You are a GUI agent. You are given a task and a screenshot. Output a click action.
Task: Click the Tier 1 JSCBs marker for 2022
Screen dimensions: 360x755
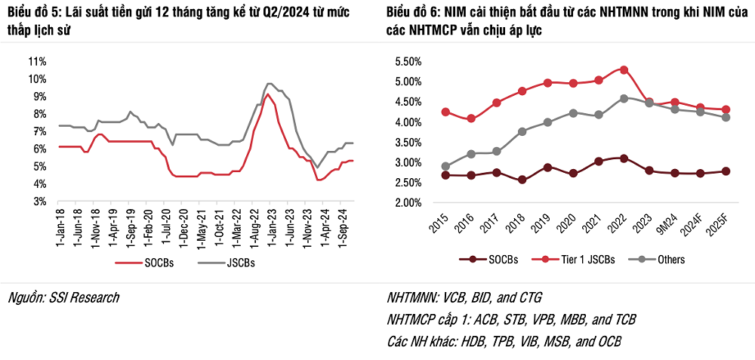pos(624,69)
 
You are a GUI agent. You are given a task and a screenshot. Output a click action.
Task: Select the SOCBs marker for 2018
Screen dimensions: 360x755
pos(522,180)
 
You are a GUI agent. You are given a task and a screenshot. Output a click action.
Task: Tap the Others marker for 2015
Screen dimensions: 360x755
pos(445,166)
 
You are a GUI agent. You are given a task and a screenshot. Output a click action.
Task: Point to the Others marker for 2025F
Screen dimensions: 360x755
pos(726,117)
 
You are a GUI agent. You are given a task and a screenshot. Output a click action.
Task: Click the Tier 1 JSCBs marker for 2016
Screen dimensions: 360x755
pos(471,118)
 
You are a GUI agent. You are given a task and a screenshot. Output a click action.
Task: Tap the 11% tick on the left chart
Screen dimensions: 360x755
pos(38,61)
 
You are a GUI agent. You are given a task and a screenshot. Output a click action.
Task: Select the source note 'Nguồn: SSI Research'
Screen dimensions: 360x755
pos(63,297)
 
